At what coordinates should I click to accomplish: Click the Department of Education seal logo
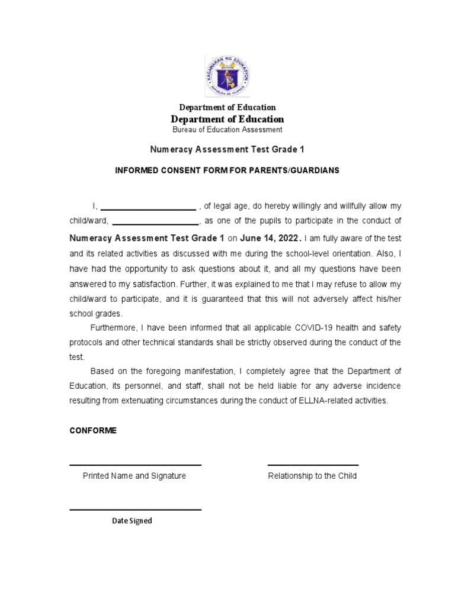tap(227, 76)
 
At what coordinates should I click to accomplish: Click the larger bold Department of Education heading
tap(227, 119)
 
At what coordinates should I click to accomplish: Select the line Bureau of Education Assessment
tap(227, 130)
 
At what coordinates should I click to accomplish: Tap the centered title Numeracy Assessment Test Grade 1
tap(227, 150)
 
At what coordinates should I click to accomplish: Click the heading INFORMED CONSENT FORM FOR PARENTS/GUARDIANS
tap(227, 170)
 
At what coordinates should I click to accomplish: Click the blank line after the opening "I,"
tap(148, 208)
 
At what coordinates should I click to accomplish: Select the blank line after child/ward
tap(155, 224)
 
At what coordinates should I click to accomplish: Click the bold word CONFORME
tap(93, 431)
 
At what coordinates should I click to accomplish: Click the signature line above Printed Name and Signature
tap(136, 465)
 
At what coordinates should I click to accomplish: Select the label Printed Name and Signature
tap(134, 476)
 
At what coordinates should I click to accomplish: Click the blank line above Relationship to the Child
tap(313, 465)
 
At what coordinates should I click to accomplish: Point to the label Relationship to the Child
tap(312, 476)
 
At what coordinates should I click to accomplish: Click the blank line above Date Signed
tap(136, 510)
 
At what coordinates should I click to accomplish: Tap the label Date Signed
tap(132, 521)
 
